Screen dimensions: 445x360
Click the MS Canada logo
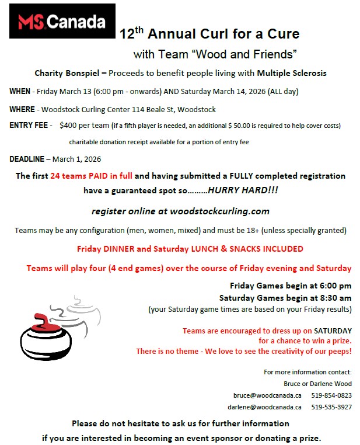(x=62, y=21)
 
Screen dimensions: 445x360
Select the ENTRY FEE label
(x=30, y=126)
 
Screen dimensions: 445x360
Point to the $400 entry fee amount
(x=69, y=126)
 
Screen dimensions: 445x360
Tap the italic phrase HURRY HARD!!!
(x=239, y=190)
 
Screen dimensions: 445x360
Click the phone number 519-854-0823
(x=331, y=395)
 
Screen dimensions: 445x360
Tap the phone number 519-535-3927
(x=331, y=407)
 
